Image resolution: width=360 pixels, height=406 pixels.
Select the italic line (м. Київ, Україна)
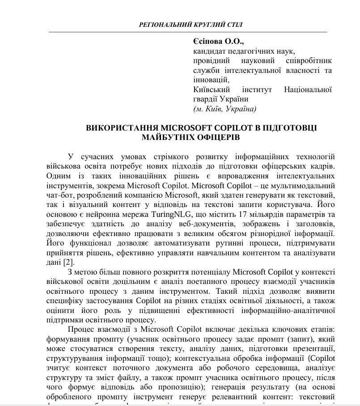[224, 109]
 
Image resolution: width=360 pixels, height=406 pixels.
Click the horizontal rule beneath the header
[188, 32]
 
